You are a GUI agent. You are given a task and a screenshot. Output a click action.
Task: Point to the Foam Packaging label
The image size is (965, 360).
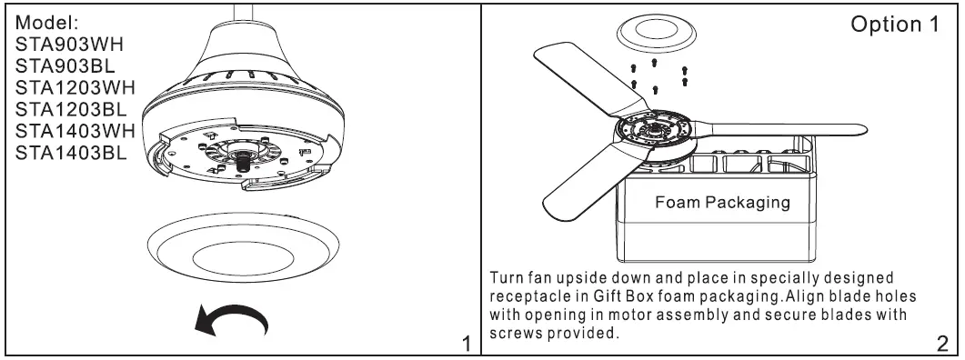(722, 202)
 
